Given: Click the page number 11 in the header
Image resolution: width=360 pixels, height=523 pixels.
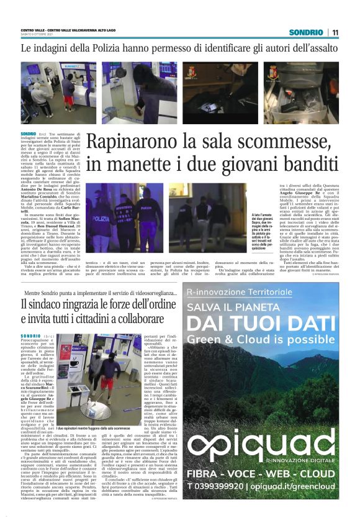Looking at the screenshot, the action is pos(335,32).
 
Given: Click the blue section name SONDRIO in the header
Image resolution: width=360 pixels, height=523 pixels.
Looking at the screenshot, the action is pos(306,32).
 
